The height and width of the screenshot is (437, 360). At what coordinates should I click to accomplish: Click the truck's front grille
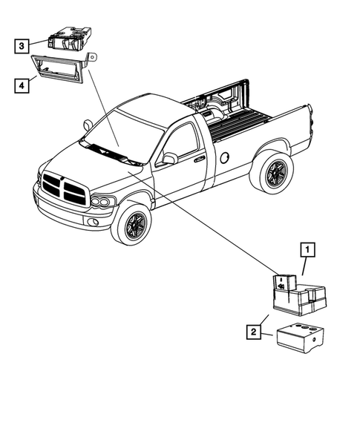pos(65,188)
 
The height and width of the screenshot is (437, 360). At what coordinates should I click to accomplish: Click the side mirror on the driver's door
pos(170,158)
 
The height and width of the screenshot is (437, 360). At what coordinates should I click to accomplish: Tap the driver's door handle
pos(199,158)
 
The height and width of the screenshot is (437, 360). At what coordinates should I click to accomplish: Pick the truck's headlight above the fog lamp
pos(102,202)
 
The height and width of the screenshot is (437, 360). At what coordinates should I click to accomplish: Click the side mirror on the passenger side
pos(88,125)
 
